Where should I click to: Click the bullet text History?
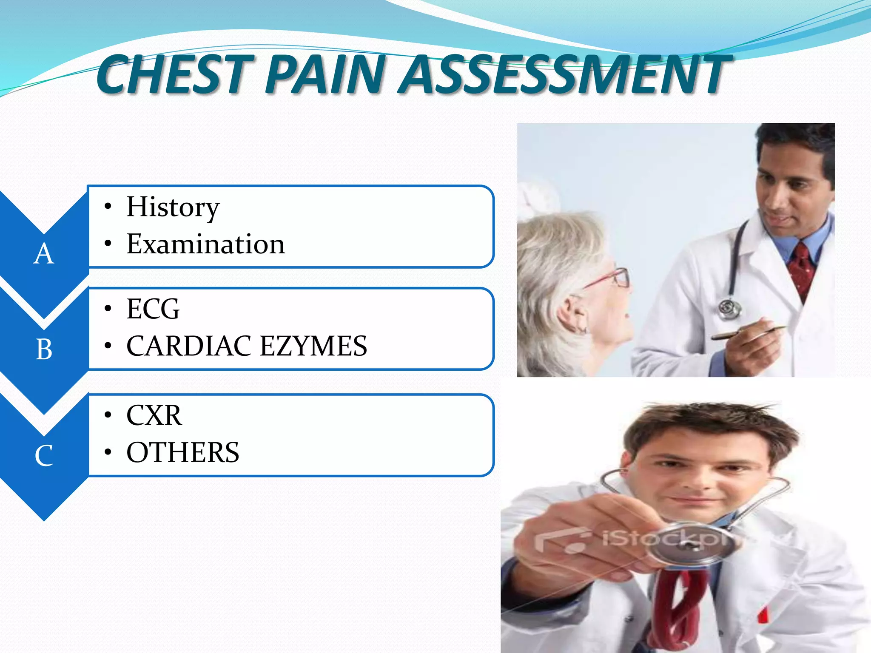tap(173, 207)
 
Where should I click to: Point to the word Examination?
tap(206, 244)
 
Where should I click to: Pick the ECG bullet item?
tap(153, 309)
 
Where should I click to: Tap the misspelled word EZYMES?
tap(313, 346)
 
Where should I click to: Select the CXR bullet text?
tap(154, 415)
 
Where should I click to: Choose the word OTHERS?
tap(183, 452)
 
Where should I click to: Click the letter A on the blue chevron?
tap(44, 254)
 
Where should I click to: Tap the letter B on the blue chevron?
tap(44, 350)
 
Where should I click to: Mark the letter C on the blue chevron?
tap(44, 456)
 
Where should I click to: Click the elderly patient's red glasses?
tap(612, 278)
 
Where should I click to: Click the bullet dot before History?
tap(108, 207)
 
